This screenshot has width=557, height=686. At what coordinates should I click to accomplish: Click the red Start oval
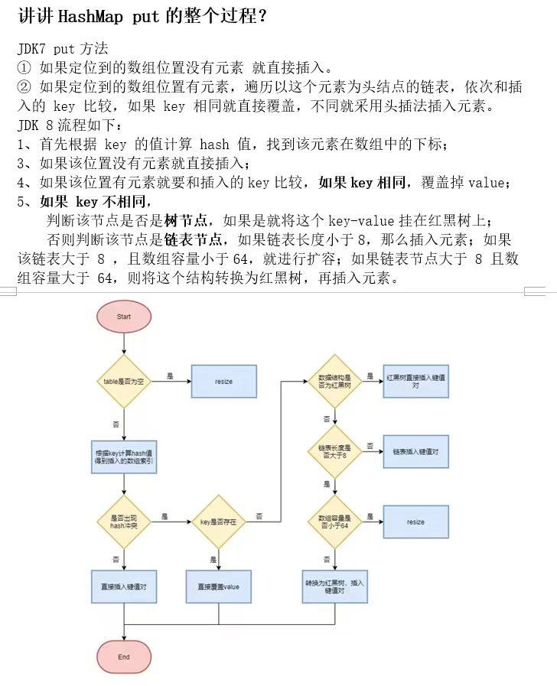pos(124,317)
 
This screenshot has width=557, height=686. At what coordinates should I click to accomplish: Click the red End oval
pos(124,656)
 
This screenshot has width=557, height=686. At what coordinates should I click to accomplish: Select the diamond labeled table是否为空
pos(124,381)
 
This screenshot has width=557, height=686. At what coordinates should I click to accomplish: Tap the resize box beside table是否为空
pos(223,381)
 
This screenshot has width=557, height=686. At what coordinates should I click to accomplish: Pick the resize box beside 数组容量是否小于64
pos(415,522)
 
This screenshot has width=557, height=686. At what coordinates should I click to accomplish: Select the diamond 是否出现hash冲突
pos(124,522)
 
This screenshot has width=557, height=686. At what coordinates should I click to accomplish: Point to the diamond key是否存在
pos(219,522)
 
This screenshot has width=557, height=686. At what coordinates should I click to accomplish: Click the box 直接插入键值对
pos(124,587)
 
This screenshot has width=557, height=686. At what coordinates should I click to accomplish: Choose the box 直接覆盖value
pos(219,587)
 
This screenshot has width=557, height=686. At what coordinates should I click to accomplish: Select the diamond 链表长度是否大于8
pos(335,451)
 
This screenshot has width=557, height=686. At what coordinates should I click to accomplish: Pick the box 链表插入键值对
pos(415,451)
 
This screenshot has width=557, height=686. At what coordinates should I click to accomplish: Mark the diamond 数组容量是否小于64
pos(335,522)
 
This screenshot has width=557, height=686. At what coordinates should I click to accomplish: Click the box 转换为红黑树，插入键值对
pos(335,587)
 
